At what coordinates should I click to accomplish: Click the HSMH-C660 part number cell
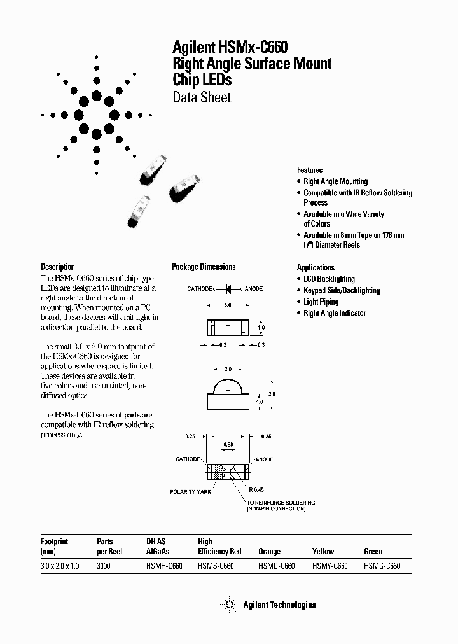click(164, 565)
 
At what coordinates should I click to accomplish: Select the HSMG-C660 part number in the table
click(382, 565)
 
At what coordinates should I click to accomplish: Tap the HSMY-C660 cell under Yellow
click(330, 565)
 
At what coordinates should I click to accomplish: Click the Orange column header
click(269, 552)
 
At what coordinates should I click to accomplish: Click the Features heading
click(310, 170)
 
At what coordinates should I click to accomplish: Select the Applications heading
click(316, 267)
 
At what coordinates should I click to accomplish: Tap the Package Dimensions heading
click(204, 267)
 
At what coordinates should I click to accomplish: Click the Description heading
click(58, 267)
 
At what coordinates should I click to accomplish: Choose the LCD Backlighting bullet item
click(329, 279)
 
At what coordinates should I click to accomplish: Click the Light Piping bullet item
click(321, 302)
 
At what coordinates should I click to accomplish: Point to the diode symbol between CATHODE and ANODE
click(228, 289)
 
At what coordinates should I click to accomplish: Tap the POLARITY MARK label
click(190, 492)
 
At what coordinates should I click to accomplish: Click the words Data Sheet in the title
click(202, 98)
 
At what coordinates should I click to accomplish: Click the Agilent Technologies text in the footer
click(279, 605)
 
